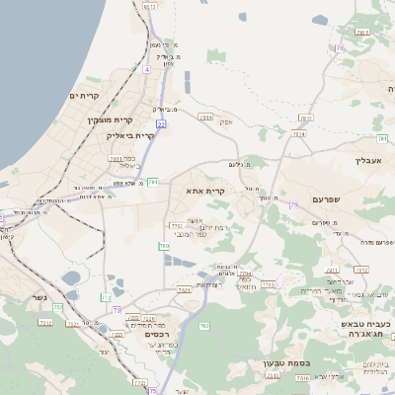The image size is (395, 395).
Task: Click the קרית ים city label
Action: coord(86,95)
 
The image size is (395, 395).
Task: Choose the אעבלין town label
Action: coord(374,160)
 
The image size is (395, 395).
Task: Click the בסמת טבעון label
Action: coord(286,362)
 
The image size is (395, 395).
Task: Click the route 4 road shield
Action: coord(146,70)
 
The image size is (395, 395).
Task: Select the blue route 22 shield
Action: coord(161,124)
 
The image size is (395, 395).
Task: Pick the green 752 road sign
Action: coord(58,307)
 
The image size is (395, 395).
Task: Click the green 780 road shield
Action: coord(165,245)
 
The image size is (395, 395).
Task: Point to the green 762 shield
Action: coord(204,325)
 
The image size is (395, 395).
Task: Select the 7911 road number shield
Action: coord(117,158)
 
